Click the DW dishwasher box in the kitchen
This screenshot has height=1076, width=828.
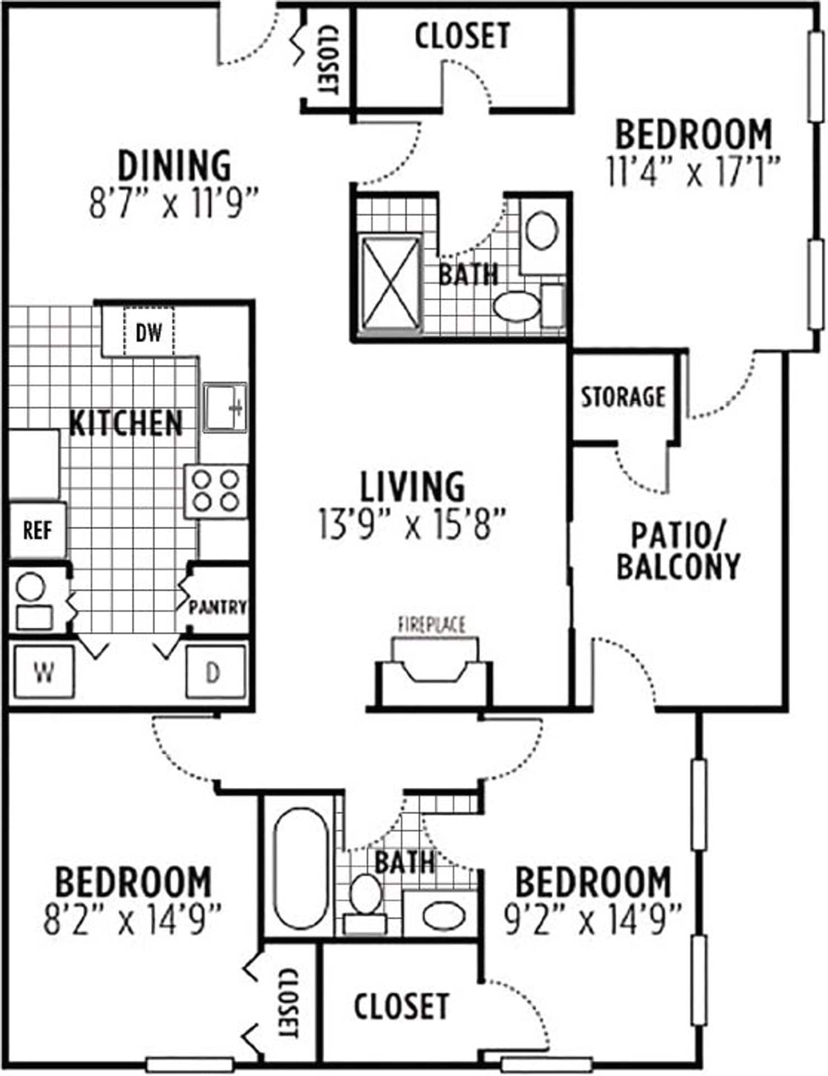[x=148, y=333]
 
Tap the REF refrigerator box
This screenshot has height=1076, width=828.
[x=38, y=530]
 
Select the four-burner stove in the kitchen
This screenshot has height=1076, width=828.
[x=216, y=491]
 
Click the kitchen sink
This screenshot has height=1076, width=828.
[x=224, y=407]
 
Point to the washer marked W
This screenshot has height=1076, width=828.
[x=44, y=671]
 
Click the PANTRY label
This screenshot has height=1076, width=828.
[x=217, y=607]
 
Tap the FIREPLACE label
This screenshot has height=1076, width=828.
[x=432, y=624]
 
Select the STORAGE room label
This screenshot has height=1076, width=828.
[x=623, y=397]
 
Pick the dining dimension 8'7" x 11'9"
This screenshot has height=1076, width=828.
[x=174, y=204]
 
